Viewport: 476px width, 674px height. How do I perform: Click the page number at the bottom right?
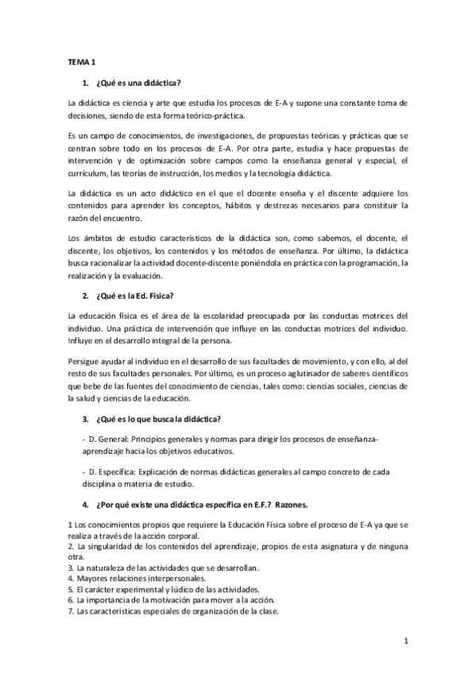click(406, 641)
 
